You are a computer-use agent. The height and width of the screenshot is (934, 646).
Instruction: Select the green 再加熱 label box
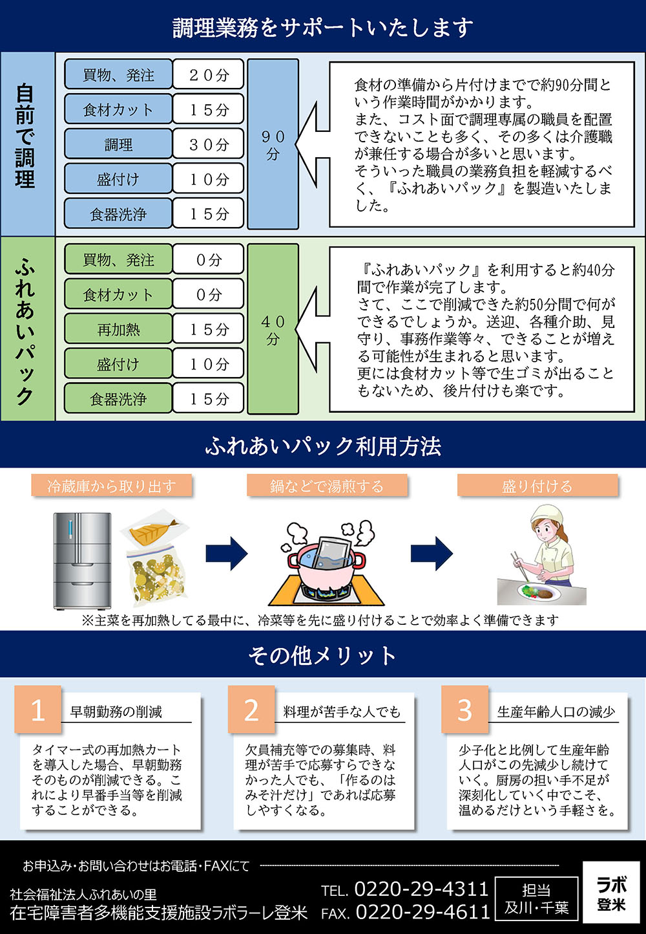(x=118, y=329)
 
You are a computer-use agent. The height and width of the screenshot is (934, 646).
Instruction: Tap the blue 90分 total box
(x=273, y=144)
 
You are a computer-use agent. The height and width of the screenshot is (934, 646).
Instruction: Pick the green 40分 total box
(x=273, y=329)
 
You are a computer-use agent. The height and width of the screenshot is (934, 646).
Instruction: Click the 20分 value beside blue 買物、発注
(x=208, y=75)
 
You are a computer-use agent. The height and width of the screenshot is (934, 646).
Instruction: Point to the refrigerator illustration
(x=82, y=560)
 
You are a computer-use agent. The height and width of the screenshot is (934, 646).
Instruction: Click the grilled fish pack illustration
(x=153, y=530)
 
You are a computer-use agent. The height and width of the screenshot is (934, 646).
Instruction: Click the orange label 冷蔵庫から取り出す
(x=112, y=486)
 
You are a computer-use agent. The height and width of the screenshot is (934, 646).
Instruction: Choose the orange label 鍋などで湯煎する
(x=327, y=486)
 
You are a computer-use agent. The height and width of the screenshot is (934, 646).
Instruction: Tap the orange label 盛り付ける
(x=537, y=486)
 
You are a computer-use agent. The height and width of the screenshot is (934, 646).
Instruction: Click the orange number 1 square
(x=37, y=709)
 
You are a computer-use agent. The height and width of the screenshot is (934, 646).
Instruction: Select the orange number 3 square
(x=464, y=709)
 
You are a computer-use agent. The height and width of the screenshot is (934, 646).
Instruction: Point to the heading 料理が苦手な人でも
(x=342, y=712)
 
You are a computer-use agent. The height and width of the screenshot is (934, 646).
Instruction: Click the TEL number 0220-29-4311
(x=421, y=889)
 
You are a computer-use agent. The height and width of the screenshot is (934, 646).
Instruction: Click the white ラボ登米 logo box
(x=610, y=893)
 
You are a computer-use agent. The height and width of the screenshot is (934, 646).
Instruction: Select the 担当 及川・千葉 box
(x=536, y=899)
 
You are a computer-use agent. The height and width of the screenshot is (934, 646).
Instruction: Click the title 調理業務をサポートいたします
(x=323, y=27)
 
